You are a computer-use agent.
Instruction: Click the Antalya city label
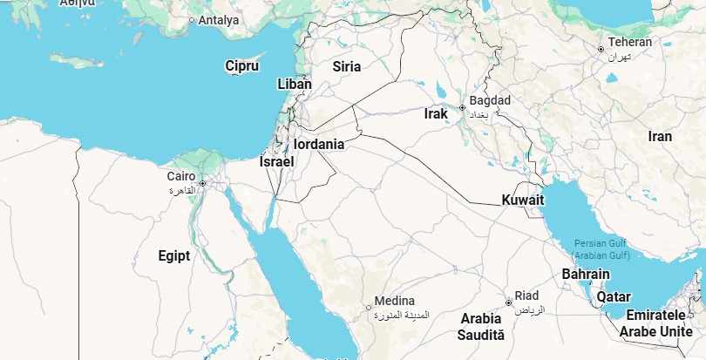click(x=219, y=20)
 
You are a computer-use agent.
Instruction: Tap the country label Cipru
click(x=241, y=66)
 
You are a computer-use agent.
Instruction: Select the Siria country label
click(x=346, y=66)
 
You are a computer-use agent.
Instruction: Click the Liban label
click(x=294, y=85)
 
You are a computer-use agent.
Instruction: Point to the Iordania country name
click(x=319, y=144)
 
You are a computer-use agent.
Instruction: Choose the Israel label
click(x=277, y=161)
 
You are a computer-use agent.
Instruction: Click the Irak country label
click(x=436, y=113)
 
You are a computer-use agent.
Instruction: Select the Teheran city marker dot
click(x=601, y=49)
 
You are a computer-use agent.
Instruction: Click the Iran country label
click(x=660, y=136)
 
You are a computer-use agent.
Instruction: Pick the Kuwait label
click(x=523, y=200)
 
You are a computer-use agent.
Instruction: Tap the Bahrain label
click(x=586, y=275)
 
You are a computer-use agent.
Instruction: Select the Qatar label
click(x=614, y=296)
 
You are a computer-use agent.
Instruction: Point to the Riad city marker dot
click(x=508, y=302)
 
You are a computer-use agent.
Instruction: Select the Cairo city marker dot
click(x=202, y=183)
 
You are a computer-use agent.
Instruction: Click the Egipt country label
click(x=174, y=255)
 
